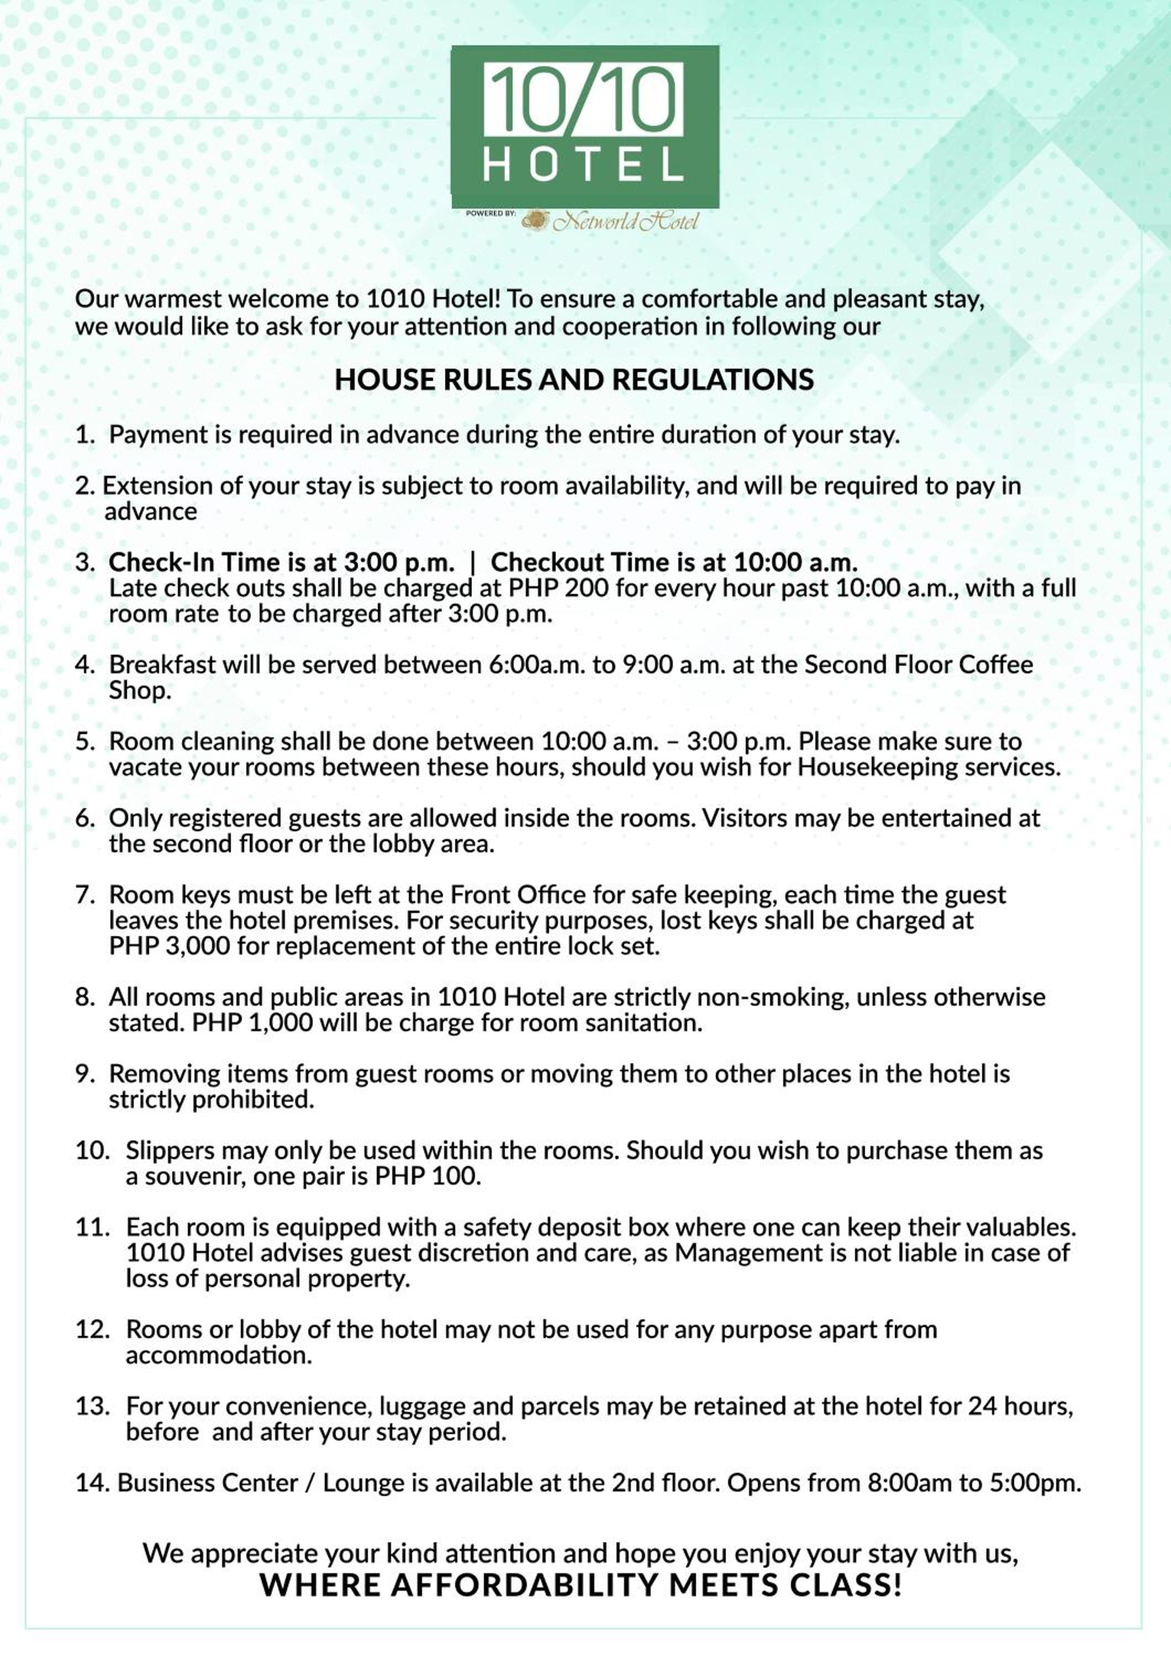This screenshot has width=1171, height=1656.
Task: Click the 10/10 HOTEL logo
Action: point(585,126)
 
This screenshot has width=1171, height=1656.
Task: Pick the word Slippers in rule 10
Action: point(170,1150)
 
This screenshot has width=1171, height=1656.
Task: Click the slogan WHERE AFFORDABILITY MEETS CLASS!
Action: point(581,1585)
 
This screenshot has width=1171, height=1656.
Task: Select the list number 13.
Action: point(92,1406)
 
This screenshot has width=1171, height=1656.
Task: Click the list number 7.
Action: point(85,895)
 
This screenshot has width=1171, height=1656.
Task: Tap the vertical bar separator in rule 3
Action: point(473,562)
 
